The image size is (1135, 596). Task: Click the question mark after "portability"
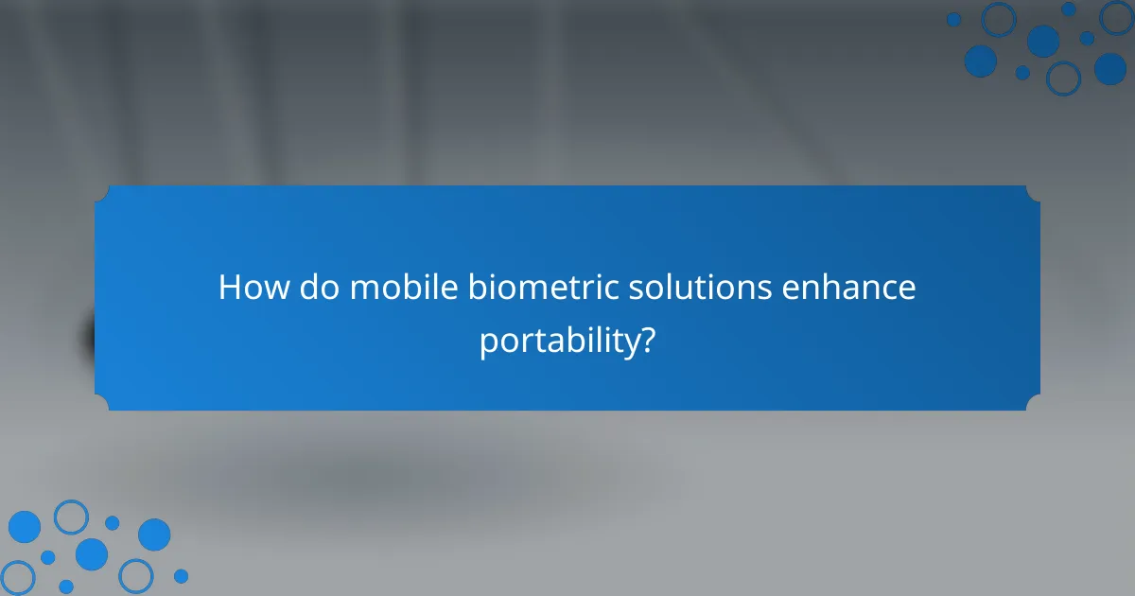647,341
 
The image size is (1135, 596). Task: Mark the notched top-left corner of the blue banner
102,193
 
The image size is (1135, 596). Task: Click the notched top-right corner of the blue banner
1033,193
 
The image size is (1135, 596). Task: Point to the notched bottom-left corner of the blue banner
102,403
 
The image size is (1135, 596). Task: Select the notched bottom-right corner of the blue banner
1033,403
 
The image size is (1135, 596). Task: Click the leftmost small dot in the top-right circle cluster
953,19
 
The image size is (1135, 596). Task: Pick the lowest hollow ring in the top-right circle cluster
1063,78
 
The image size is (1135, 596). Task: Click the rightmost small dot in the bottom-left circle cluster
181,575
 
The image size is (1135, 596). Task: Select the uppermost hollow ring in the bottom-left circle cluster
71,517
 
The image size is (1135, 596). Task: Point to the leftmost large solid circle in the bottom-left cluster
25,527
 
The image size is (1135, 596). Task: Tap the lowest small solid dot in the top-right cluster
1022,73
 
